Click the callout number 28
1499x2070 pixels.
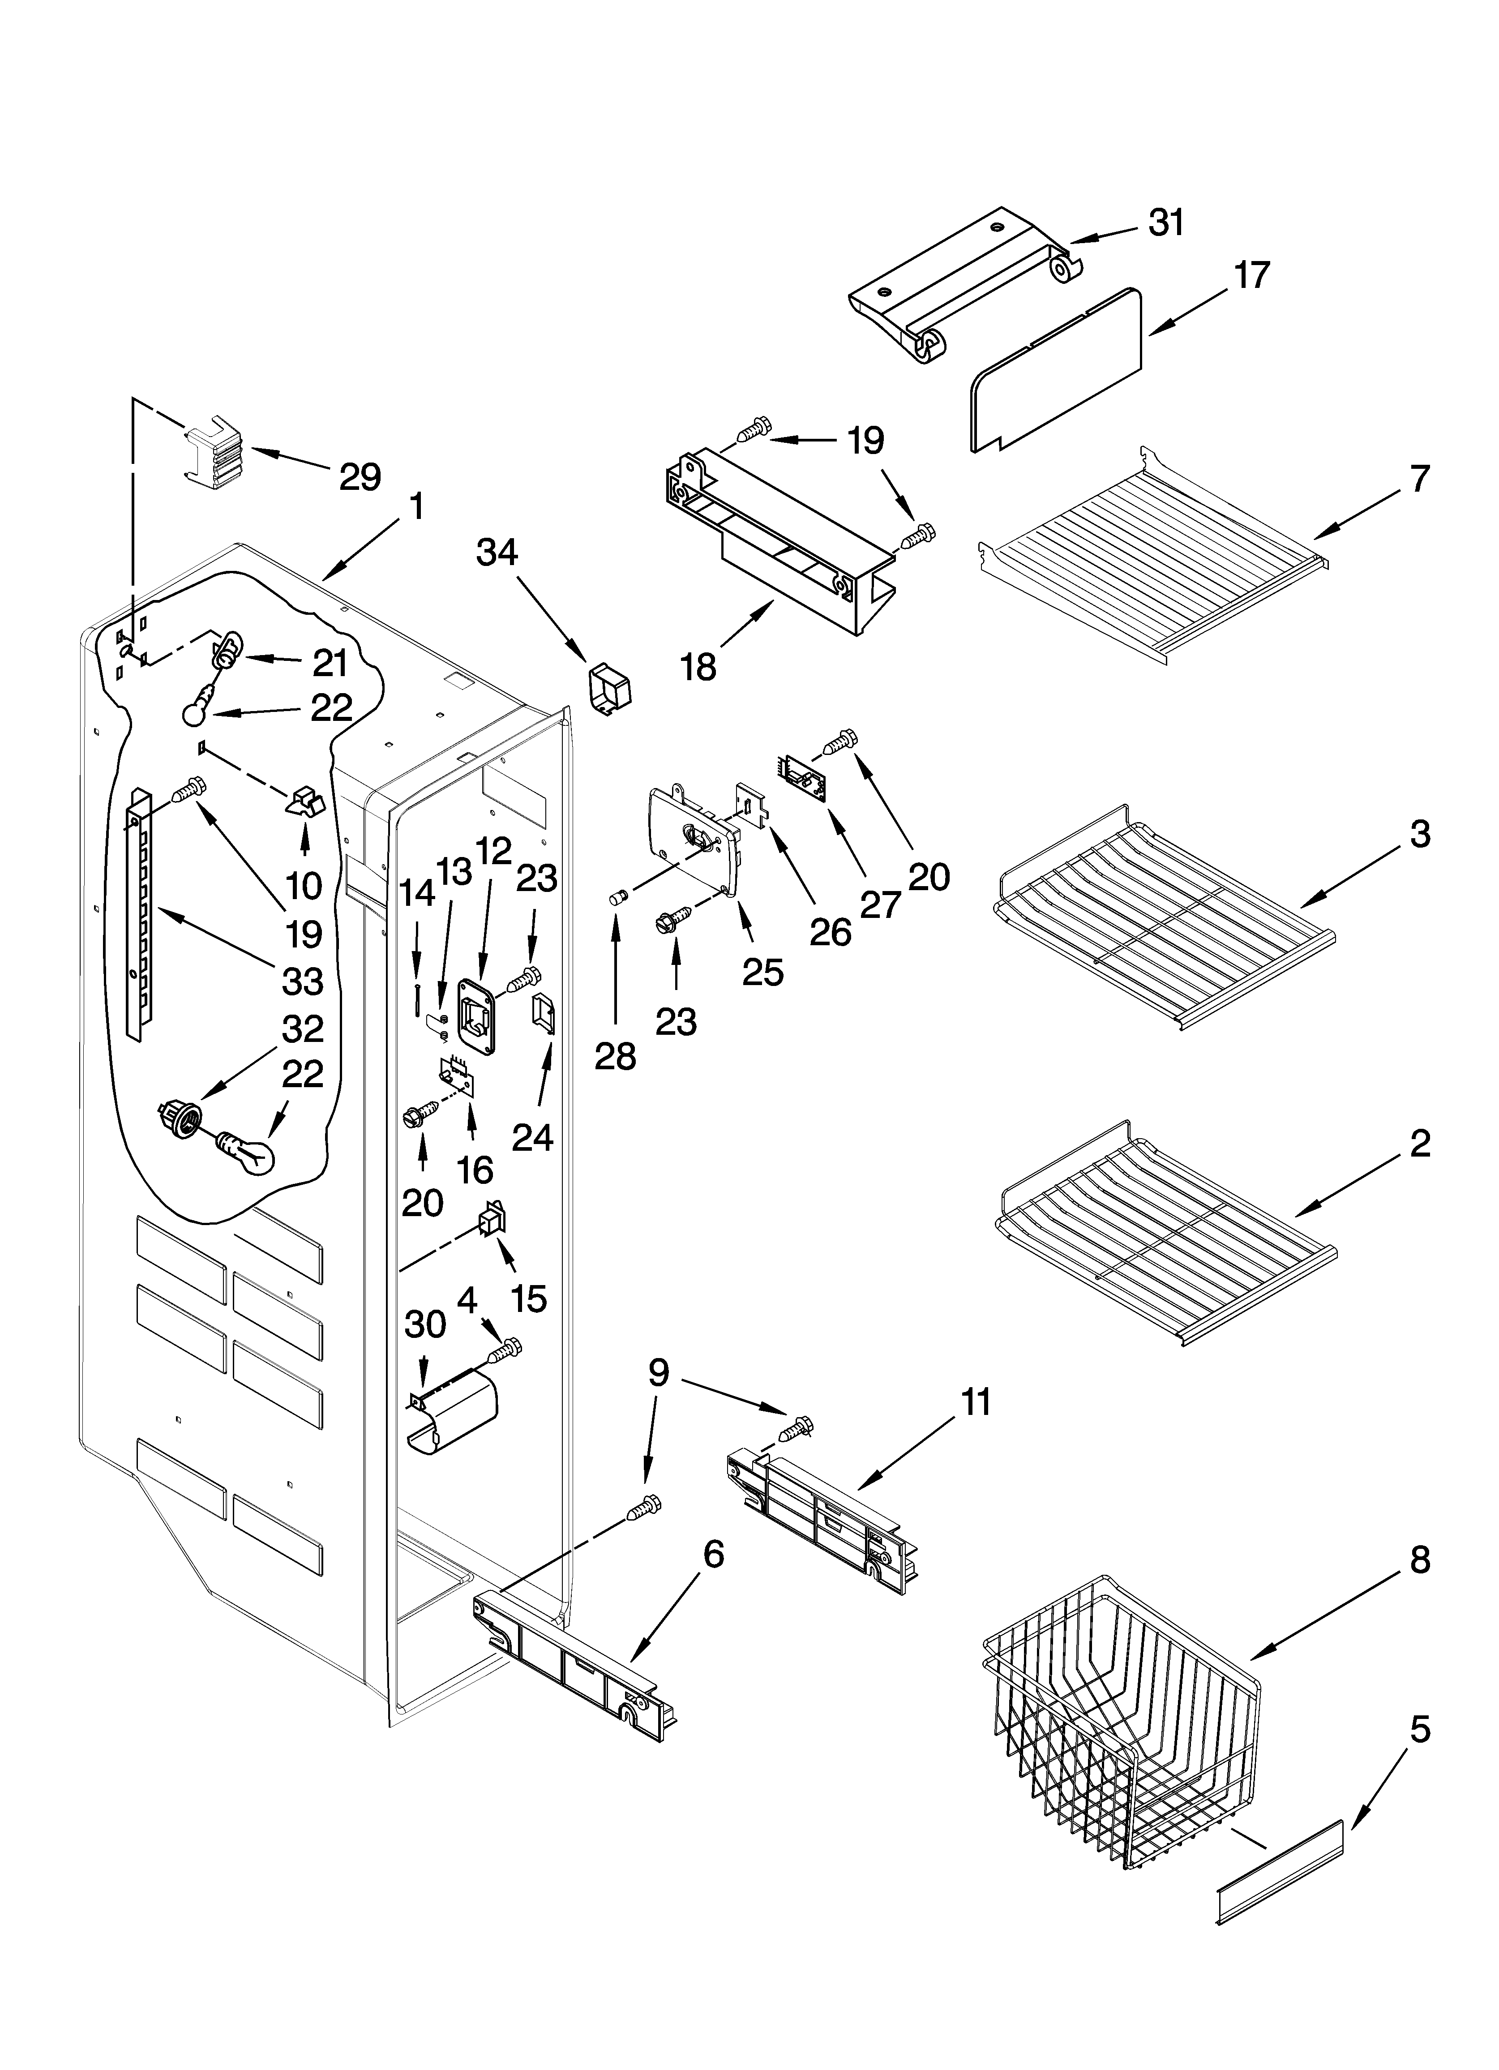coord(615,1056)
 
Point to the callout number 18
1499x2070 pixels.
coord(698,667)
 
